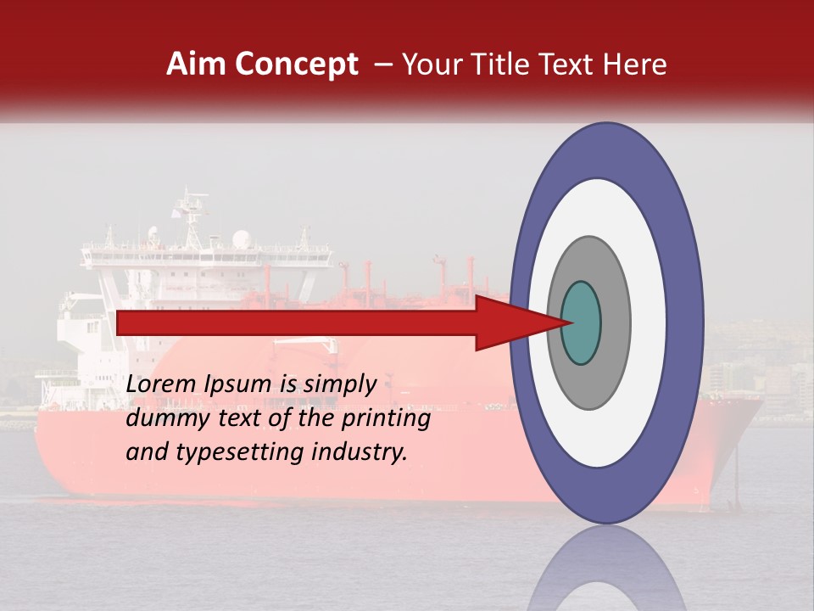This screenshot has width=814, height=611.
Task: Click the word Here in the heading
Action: pyautogui.click(x=636, y=64)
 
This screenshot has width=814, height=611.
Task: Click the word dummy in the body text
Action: pyautogui.click(x=162, y=418)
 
